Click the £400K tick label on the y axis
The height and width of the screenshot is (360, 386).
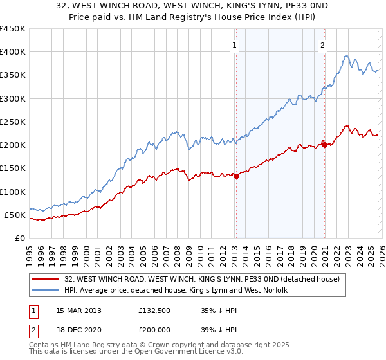(x=13, y=52)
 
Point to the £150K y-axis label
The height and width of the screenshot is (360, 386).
(x=13, y=168)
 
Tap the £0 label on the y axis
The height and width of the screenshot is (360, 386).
(x=19, y=238)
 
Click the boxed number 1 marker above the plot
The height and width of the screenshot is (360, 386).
(x=235, y=45)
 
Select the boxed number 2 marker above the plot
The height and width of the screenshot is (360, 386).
(x=322, y=45)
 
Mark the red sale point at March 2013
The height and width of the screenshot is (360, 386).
(x=236, y=176)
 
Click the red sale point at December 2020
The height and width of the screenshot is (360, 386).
(x=324, y=145)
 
